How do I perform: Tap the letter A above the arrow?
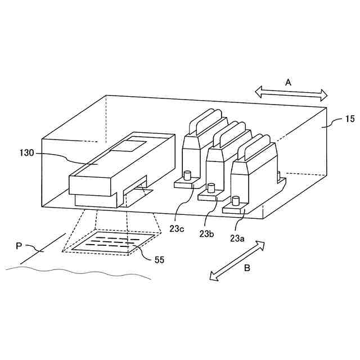click(288, 82)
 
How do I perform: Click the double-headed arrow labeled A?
click(291, 93)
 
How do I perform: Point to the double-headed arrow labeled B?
click(236, 259)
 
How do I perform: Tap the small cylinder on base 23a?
click(236, 201)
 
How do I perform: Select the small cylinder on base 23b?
click(211, 187)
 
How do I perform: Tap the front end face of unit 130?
click(90, 184)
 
